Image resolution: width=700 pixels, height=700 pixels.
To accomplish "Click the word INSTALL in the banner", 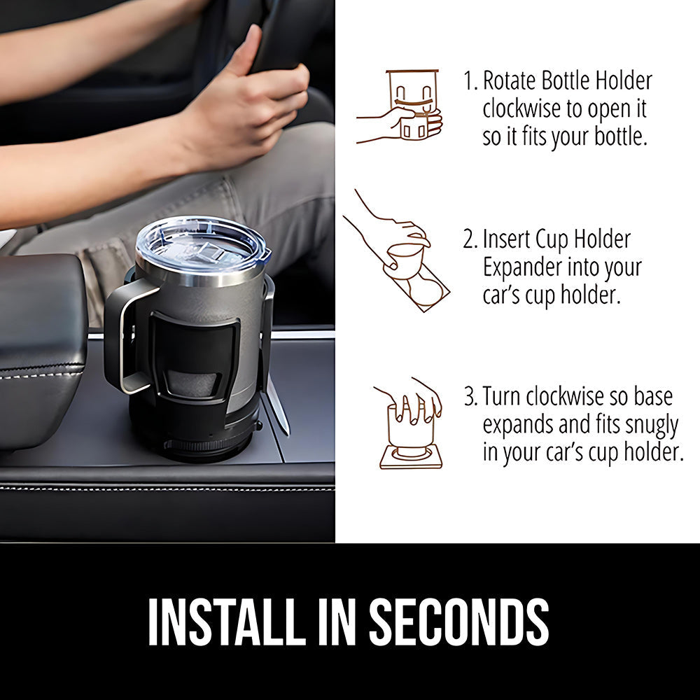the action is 224,622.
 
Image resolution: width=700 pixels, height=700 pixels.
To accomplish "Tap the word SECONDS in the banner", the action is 459,622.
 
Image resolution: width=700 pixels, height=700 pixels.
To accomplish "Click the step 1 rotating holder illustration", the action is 400,106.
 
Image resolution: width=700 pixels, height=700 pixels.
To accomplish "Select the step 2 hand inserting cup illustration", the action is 396,250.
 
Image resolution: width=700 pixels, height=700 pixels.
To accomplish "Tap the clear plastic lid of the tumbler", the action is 202,246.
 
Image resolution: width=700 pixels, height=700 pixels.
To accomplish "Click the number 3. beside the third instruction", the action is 471,396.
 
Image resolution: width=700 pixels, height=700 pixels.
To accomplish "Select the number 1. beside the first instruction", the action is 471,80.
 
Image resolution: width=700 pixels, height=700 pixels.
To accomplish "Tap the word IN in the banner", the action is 336,622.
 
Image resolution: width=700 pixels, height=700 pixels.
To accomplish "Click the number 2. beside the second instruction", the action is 471,239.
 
